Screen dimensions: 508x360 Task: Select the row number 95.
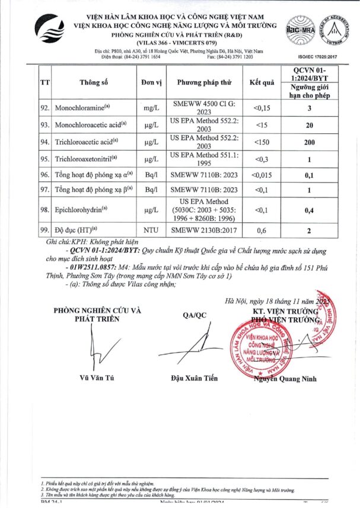(x=44, y=159)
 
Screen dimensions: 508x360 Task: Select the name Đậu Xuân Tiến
(x=194, y=378)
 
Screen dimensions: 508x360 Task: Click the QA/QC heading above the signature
(x=193, y=315)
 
